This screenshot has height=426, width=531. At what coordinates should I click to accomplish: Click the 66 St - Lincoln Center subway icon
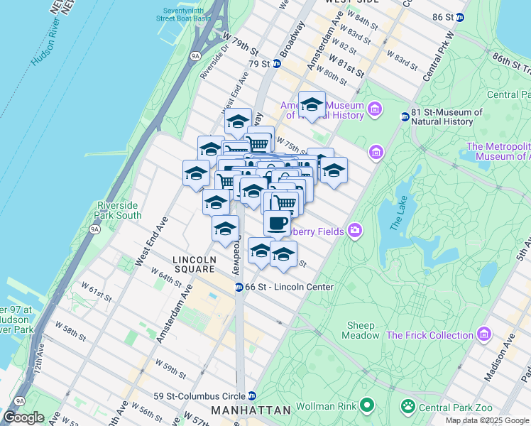point(239,287)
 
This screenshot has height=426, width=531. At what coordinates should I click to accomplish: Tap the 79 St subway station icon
point(277,64)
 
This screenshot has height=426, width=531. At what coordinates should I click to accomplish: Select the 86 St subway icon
point(460,16)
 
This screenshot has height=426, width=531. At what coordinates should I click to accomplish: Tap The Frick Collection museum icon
point(484,334)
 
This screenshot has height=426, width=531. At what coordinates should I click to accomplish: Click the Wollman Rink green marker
point(366,406)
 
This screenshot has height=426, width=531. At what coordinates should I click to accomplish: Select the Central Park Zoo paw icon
point(409,407)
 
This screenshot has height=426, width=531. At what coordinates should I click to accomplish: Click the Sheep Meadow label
point(361,330)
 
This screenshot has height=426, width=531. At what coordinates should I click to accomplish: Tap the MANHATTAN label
point(251,410)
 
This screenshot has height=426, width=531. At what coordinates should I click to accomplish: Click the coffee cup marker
point(277,222)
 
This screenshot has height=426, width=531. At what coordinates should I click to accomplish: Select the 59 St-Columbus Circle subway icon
point(251,396)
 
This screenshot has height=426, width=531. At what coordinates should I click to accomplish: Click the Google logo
point(23,417)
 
